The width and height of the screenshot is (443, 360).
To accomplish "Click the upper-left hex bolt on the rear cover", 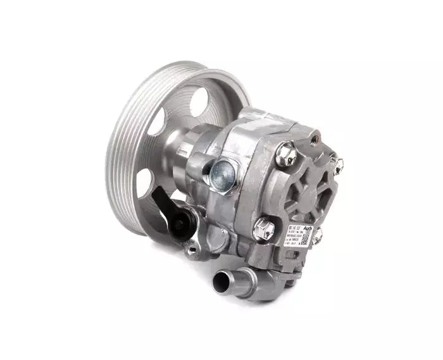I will click(287, 152).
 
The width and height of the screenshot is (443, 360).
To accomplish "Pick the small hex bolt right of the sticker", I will click(318, 235).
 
